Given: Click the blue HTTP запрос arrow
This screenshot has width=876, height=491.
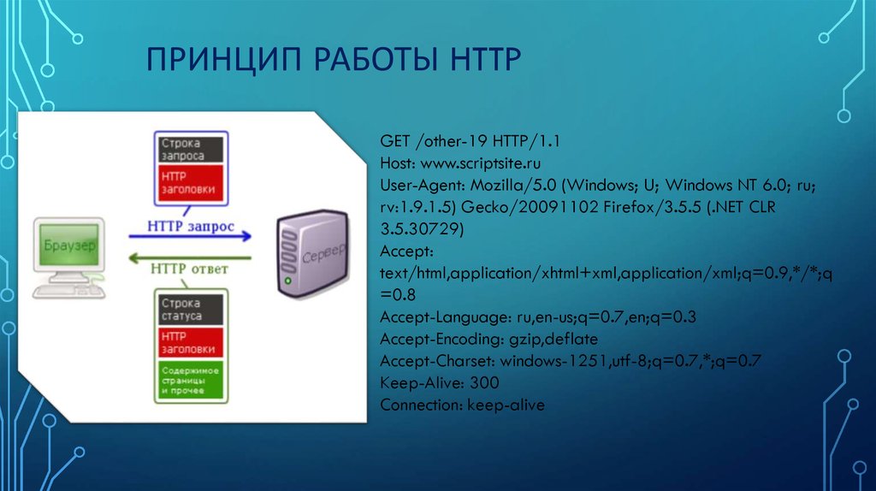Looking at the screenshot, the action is pos(190,236).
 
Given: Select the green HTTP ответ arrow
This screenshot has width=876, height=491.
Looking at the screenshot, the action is pos(190,258).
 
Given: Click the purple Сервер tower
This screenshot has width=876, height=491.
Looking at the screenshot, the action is pos(312,253).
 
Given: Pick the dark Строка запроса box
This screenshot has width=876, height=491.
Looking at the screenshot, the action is pos(191,150).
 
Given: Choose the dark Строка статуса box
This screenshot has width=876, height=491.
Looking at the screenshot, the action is pos(191,310).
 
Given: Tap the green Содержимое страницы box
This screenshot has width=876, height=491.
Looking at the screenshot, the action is pos(191,381).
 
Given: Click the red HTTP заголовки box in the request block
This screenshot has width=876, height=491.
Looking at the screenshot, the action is pos(191,183).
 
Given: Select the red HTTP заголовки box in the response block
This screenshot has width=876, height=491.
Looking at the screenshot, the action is pos(191,342).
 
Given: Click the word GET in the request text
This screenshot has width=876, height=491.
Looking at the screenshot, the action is pos(395,141).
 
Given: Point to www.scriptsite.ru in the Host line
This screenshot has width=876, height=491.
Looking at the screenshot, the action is pos(481,163).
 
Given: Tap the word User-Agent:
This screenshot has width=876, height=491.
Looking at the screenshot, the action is pos(423,185).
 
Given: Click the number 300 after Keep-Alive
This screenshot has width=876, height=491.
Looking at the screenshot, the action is pos(484,382).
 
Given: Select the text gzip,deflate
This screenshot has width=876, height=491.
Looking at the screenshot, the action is pos(553,339).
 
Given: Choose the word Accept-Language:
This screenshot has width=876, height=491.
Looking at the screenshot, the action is pos(446,317).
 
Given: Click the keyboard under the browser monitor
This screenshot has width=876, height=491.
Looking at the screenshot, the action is pos(68,292).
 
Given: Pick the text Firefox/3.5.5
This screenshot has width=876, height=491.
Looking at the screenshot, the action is pos(652,207).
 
